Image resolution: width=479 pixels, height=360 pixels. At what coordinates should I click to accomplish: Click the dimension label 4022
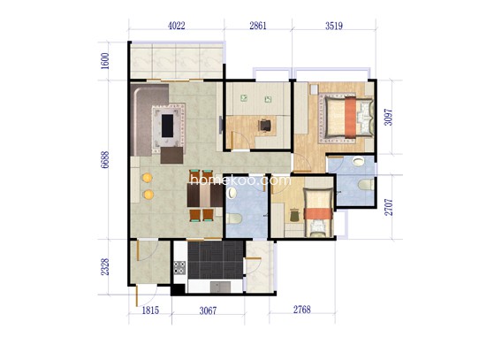pos(177,26)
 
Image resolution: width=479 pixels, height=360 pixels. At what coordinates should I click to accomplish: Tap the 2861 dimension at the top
pos(258,26)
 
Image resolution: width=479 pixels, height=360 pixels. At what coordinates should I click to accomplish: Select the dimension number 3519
pos(333,26)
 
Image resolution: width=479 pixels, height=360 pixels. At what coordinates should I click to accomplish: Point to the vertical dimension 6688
pos(105,160)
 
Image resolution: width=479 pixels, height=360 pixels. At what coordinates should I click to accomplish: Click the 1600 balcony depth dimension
pos(105,61)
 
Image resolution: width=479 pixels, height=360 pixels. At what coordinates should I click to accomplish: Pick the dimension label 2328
pos(105,267)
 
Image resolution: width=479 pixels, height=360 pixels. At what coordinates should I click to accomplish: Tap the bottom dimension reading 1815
pos(150,310)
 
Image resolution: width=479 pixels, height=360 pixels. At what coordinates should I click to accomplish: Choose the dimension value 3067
pos(208,310)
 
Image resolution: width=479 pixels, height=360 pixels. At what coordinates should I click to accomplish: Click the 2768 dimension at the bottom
pos(302,310)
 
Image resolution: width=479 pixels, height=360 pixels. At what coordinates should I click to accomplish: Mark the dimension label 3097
pos(388,117)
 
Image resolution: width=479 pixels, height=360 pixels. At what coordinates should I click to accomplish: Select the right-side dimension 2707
pos(389,207)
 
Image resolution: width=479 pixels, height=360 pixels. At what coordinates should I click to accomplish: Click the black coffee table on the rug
pos(167,126)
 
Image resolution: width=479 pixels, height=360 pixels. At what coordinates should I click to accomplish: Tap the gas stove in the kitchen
pos(179,267)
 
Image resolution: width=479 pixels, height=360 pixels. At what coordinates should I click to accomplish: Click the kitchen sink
pos(221,287)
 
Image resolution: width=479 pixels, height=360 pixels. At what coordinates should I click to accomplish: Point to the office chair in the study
pos(264,126)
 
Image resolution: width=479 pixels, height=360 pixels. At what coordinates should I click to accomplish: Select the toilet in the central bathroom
pos(234,218)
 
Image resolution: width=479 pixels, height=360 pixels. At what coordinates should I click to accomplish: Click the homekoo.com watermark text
pos(240,180)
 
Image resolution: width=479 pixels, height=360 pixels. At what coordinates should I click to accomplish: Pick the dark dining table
pos(205,195)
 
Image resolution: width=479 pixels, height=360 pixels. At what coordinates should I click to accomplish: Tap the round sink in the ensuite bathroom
pos(358,161)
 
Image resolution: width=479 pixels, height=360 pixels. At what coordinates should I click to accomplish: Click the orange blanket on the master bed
pos(350,117)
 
